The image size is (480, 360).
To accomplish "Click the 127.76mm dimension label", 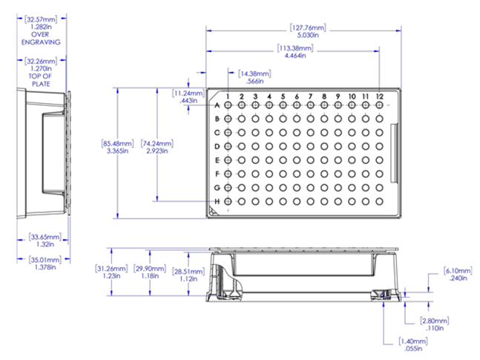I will click(x=308, y=29).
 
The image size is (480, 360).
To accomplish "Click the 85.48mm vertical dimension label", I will click(x=117, y=143).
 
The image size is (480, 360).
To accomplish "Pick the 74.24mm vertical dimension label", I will click(x=157, y=143).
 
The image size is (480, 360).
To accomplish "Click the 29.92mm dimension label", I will click(x=149, y=269).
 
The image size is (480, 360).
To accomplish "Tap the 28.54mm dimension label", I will click(x=188, y=272).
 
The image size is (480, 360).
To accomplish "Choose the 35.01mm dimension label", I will click(x=43, y=259).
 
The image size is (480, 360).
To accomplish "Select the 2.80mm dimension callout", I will click(x=434, y=321).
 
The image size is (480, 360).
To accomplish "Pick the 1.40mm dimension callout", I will click(x=412, y=341).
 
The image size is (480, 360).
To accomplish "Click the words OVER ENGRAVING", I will click(x=42, y=38).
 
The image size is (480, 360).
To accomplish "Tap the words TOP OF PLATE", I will click(x=42, y=79).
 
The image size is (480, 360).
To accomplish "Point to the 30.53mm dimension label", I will click(x=42, y=17).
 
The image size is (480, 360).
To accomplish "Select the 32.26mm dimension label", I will click(x=42, y=60).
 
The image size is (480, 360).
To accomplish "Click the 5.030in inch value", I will click(x=307, y=36).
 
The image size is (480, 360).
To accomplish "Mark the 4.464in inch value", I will click(x=295, y=55).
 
